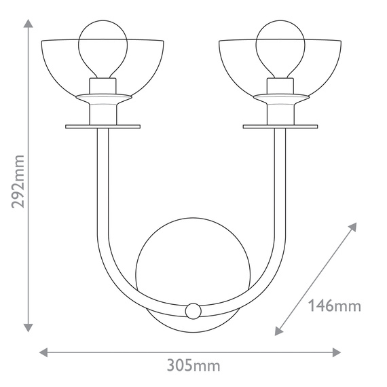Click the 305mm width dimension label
tap(193, 366)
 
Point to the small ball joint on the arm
tap(193, 311)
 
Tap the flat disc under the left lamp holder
tap(102, 126)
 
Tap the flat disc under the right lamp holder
tap(279, 126)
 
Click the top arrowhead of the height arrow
tap(28, 25)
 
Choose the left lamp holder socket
tap(102, 102)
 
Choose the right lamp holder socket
tap(279, 102)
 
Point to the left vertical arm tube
tap(103, 183)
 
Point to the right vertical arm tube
tap(279, 183)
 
